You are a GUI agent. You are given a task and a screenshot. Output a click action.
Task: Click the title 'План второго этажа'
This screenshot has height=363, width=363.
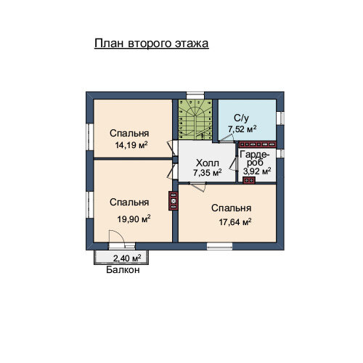pyautogui.click(x=152, y=44)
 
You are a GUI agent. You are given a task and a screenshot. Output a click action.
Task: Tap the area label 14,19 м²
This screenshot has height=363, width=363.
pyautogui.click(x=131, y=145)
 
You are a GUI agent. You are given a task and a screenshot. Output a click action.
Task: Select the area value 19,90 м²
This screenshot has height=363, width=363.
pyautogui.click(x=134, y=219)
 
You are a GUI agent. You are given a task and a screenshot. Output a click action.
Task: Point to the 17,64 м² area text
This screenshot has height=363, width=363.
pyautogui.click(x=235, y=221)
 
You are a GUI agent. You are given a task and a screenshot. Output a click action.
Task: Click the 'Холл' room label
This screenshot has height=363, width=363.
pyautogui.click(x=208, y=163)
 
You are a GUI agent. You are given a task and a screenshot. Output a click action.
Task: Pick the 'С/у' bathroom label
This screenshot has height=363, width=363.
pyautogui.click(x=241, y=118)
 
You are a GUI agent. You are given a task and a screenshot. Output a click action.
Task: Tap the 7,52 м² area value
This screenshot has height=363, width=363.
pyautogui.click(x=242, y=129)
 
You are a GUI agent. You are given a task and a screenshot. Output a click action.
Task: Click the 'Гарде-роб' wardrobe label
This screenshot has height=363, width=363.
pyautogui.click(x=254, y=158)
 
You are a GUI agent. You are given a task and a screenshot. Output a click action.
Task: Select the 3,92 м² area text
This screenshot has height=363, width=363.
pyautogui.click(x=257, y=171)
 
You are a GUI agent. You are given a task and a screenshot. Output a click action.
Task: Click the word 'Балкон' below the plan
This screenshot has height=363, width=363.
pyautogui.click(x=123, y=270)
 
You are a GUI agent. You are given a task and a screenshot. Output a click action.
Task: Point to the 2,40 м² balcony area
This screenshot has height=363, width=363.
pyautogui.click(x=127, y=258)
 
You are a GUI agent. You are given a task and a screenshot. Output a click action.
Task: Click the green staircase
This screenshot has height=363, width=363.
pyautogui.click(x=195, y=120)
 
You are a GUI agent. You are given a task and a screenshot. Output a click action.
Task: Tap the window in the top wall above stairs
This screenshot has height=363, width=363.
pyautogui.click(x=195, y=95)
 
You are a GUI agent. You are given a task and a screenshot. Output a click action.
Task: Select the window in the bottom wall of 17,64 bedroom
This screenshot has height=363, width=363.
pyautogui.click(x=219, y=246)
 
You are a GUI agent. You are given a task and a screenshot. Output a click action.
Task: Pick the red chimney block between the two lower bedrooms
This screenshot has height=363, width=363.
pyautogui.click(x=174, y=201)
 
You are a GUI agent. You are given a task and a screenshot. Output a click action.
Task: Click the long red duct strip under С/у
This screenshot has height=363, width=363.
pyautogui.click(x=258, y=144)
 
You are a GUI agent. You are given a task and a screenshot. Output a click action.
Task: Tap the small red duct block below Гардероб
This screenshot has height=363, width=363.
pyautogui.click(x=249, y=180)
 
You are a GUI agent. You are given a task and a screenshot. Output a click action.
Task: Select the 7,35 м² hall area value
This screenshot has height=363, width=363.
pyautogui.click(x=208, y=173)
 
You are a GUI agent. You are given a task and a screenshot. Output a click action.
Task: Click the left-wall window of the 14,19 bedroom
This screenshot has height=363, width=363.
pyautogui.click(x=90, y=137)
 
